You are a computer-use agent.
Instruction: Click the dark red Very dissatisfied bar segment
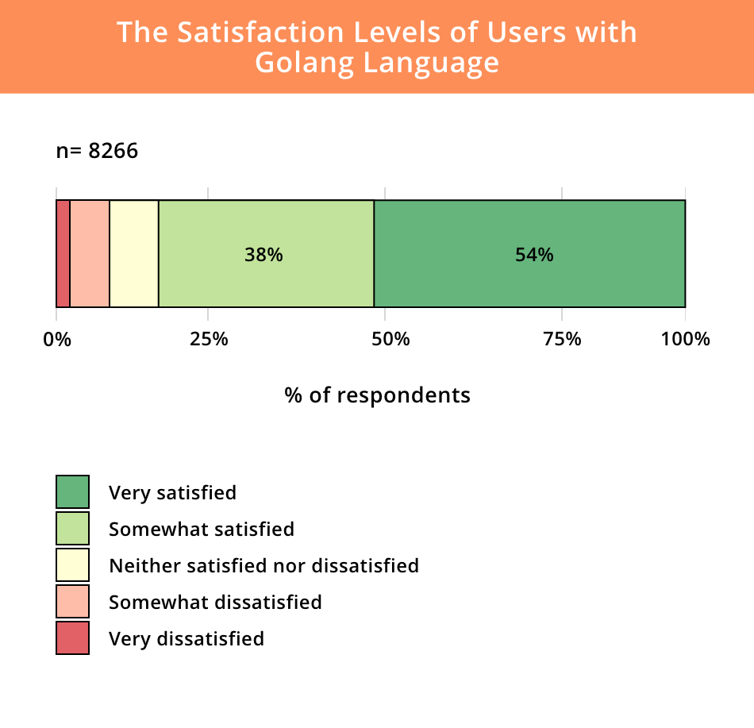coord(63,253)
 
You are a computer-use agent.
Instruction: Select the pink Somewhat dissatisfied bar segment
coord(90,253)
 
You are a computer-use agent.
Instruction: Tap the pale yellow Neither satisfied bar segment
coord(134,253)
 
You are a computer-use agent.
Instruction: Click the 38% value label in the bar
coord(264,255)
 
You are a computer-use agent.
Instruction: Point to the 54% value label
coord(534,255)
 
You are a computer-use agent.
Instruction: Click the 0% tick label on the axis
coord(56,339)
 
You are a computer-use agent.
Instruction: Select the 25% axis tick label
coord(209,339)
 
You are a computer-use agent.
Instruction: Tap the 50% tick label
coord(391,339)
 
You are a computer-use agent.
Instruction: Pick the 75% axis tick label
coord(562,339)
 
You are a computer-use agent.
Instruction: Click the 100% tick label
coord(685,339)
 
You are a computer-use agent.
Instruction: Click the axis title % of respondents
coord(377,395)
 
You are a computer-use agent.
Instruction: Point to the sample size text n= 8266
coord(97,151)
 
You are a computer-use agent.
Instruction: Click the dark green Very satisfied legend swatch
coord(72,491)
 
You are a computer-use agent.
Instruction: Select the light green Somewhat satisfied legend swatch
coord(72,528)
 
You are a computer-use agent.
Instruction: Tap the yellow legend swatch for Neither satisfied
coord(72,564)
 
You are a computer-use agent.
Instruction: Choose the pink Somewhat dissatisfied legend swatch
coord(72,601)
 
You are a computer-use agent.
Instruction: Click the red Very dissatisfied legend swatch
coord(72,637)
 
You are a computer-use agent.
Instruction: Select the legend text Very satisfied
coord(172,492)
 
